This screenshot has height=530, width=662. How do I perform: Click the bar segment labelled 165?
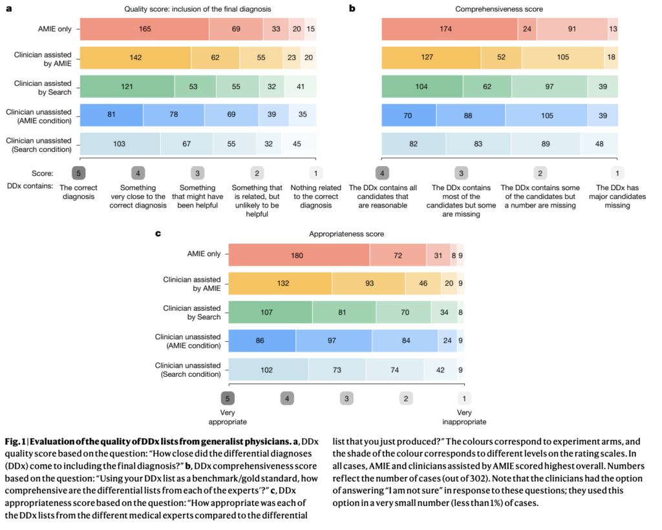click(x=144, y=29)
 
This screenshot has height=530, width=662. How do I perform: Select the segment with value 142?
click(x=135, y=58)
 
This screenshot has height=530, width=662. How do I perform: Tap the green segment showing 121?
click(x=127, y=86)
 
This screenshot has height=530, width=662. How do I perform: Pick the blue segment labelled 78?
click(x=173, y=114)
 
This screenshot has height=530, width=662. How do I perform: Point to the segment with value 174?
click(x=449, y=29)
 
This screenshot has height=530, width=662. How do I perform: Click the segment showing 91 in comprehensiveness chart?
click(x=571, y=29)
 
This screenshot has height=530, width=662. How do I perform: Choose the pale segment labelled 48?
click(x=599, y=143)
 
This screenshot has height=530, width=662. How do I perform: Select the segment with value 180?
click(x=298, y=255)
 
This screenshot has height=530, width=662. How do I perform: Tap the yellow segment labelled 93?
click(x=368, y=284)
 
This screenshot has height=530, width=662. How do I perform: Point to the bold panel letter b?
click(x=352, y=8)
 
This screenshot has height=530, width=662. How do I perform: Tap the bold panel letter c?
click(x=158, y=233)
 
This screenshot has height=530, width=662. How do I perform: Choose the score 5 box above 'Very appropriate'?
click(x=228, y=398)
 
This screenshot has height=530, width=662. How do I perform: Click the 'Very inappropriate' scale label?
click(x=464, y=417)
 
